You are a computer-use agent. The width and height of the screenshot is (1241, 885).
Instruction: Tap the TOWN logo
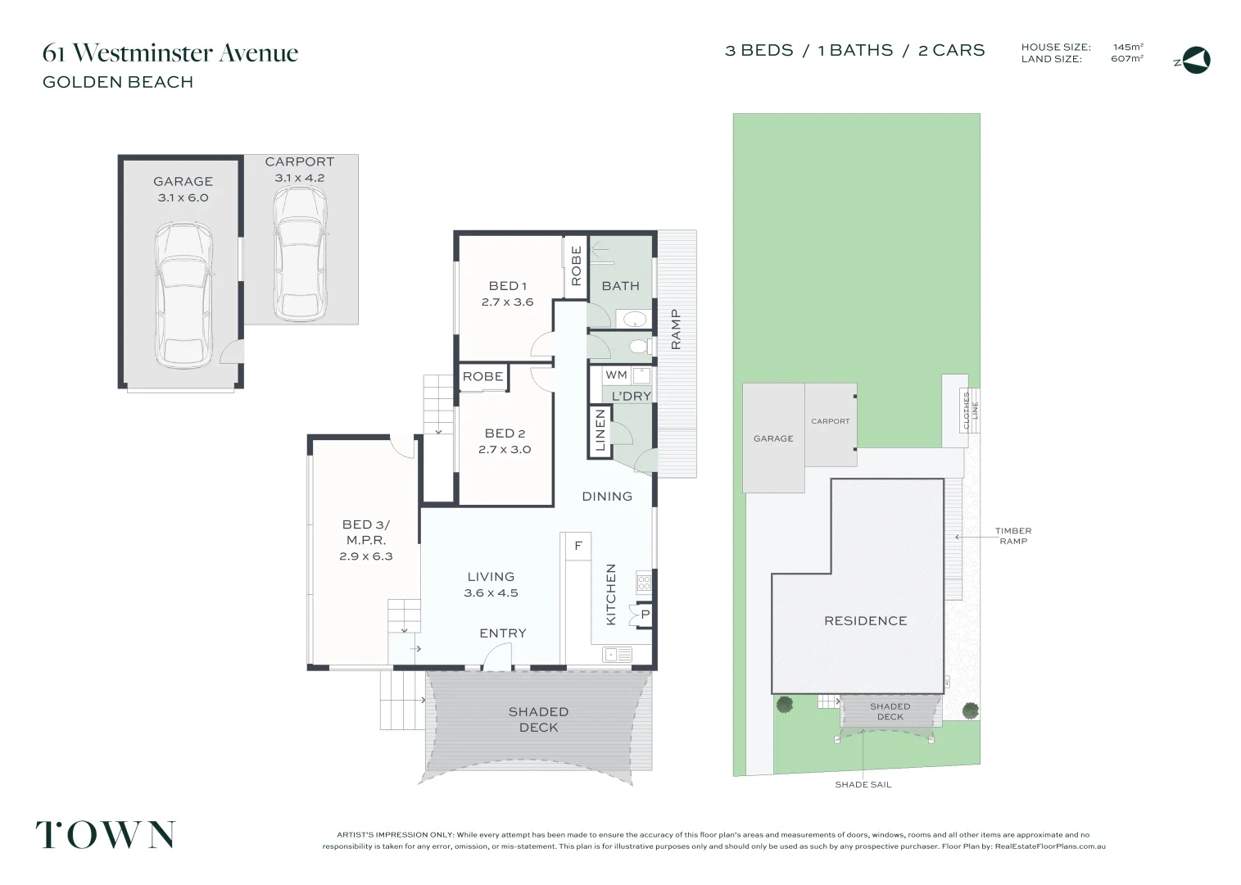105,835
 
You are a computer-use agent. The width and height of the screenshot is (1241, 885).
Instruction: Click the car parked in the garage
183,297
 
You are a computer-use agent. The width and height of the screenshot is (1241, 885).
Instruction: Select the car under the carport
299,251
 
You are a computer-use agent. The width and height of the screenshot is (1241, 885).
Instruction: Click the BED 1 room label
507,286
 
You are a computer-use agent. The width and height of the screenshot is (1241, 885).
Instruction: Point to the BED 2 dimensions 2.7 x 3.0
505,449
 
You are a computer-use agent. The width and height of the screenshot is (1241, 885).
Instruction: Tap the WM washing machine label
616,375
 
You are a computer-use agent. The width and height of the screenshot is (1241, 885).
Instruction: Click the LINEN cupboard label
600,431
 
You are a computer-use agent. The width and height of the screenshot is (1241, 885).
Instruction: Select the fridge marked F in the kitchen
577,546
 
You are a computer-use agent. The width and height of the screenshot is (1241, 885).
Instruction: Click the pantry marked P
645,615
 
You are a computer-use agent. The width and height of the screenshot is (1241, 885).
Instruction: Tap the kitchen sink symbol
617,654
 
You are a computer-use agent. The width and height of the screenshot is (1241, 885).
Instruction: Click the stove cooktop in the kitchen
644,583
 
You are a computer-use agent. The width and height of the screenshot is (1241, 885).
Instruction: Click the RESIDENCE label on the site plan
865,621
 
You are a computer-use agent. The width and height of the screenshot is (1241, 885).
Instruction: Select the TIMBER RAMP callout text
1013,536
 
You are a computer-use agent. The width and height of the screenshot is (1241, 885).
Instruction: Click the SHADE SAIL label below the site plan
863,784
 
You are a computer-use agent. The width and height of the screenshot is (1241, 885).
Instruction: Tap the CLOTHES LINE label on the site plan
970,411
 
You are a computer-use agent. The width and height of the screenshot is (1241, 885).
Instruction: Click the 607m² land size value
1127,59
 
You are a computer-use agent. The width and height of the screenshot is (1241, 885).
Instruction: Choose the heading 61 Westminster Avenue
170,53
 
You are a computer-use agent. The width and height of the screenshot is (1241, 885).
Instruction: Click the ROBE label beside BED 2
482,377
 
